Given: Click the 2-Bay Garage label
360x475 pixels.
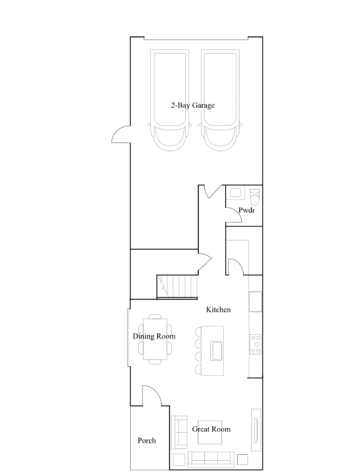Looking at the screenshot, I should tap(192, 106).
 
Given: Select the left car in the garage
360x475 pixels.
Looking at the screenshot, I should tap(170, 101).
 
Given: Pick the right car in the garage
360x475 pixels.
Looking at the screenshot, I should tap(222, 101).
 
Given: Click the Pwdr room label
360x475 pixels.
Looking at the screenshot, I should tap(247, 211).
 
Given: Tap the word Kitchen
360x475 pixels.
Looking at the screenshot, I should tap(218, 310).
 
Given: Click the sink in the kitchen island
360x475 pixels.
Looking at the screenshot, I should tap(216, 350).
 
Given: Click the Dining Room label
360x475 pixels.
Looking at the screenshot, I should tap(154, 337).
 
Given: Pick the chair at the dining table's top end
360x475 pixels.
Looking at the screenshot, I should tap(155, 317).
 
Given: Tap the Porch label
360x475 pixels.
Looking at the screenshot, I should tap(147, 441).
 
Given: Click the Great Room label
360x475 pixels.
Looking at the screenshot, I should tap(211, 429).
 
